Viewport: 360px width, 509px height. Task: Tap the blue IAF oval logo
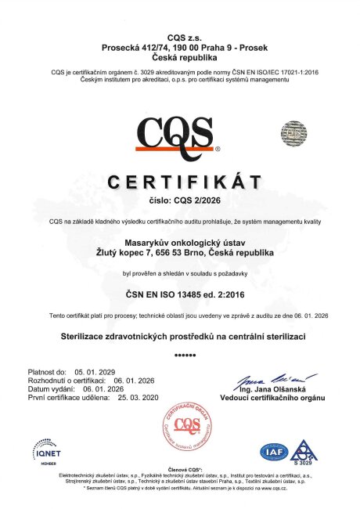point(274,452)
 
